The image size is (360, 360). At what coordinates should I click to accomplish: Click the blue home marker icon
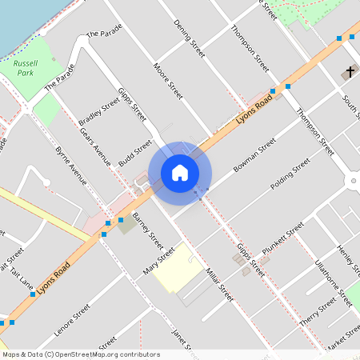[180, 173]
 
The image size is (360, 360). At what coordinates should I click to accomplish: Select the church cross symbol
[350, 72]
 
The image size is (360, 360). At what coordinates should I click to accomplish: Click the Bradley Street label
[103, 115]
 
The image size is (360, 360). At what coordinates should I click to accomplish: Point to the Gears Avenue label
[94, 146]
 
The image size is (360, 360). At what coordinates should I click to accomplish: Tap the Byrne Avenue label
[70, 165]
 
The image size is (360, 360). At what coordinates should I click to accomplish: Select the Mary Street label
[159, 259]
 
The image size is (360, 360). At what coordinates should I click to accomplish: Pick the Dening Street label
[190, 38]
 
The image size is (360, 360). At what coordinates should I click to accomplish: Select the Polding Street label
[290, 176]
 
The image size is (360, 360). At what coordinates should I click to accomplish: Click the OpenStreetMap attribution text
[81, 354]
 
